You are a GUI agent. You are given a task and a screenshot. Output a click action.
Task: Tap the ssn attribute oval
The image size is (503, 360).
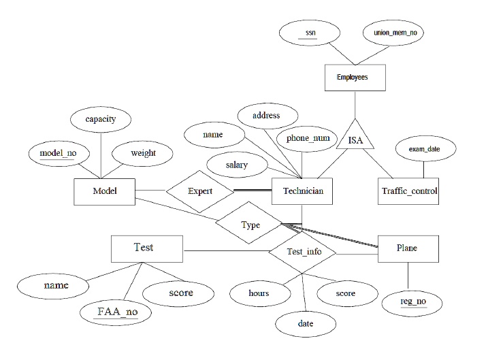click(x=311, y=32)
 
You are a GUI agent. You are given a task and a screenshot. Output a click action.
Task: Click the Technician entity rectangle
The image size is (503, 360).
click(x=302, y=191)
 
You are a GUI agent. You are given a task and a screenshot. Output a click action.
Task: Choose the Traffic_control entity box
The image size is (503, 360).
click(x=408, y=191)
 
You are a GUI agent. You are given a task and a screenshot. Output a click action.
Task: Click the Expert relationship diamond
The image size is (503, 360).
click(x=200, y=191)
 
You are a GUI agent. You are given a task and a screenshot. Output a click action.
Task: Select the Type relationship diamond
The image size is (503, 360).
click(x=250, y=225)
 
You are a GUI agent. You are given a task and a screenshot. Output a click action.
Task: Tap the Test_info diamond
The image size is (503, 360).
click(x=303, y=252)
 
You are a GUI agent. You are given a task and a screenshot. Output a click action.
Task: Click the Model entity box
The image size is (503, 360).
click(x=104, y=191)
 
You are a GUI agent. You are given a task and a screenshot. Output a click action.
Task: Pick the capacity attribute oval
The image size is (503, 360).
click(x=100, y=119)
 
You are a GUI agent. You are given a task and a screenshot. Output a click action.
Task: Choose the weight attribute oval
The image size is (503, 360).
click(x=143, y=153)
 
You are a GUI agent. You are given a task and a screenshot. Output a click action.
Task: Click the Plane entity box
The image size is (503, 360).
click(x=407, y=248)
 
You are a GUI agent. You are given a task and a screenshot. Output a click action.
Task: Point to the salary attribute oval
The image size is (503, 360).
click(x=237, y=165)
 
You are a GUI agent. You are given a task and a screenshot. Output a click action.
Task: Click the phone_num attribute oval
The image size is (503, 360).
click(x=308, y=138)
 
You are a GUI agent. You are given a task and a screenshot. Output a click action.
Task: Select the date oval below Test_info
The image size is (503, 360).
click(x=306, y=324)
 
